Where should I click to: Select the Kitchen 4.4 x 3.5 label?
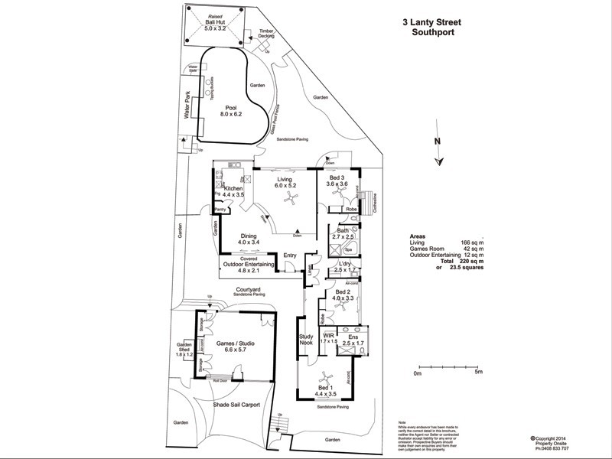point(233,192)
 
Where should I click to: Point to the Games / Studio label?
point(235,349)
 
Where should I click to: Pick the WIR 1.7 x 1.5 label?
point(329,338)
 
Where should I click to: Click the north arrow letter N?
point(437,141)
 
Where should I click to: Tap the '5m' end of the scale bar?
point(477,373)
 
